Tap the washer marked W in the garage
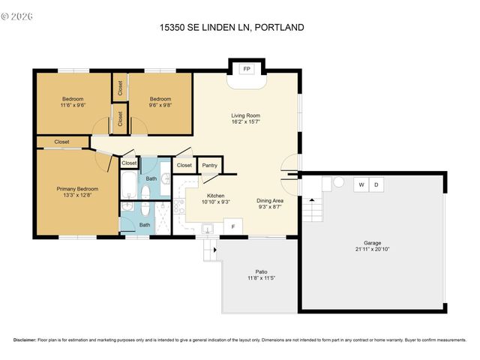tap(361, 184)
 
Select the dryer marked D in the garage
tap(377, 184)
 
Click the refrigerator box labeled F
tap(233, 226)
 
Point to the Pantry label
tap(209, 165)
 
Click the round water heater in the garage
tap(339, 182)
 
